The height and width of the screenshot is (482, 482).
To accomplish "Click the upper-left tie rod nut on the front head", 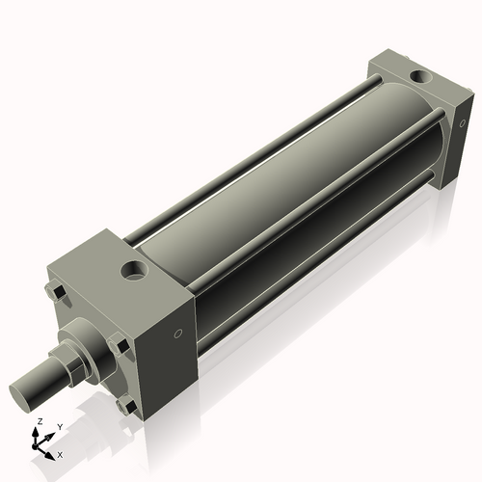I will tap(55, 290).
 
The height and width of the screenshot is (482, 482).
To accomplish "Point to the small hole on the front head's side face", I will tap(177, 335).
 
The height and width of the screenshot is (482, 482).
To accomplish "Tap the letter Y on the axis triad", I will tap(59, 426).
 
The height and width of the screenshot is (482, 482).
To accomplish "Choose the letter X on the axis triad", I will tap(60, 453).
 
